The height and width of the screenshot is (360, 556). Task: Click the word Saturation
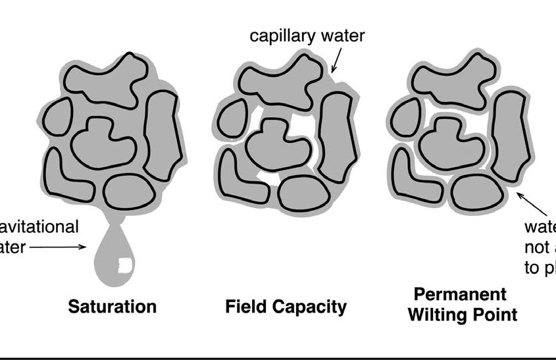(x=113, y=307)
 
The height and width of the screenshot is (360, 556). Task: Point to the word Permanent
(x=460, y=294)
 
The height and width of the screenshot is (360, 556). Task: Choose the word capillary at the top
(x=281, y=36)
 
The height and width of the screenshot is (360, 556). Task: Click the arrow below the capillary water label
(x=336, y=60)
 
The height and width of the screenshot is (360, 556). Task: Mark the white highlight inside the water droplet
(x=124, y=266)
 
